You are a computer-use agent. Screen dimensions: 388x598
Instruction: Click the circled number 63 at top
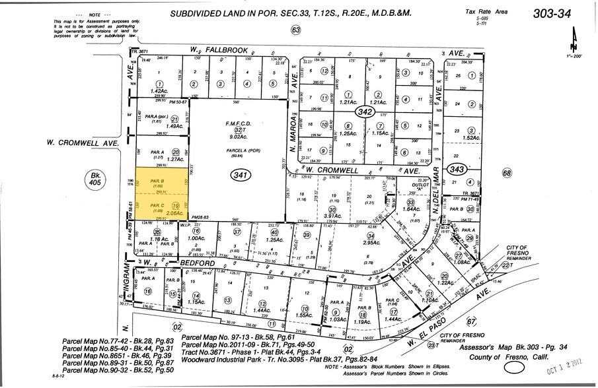click(295, 30)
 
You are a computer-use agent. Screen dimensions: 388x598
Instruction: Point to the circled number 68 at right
click(507, 174)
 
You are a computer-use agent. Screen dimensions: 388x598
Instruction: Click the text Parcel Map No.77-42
click(93, 342)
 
